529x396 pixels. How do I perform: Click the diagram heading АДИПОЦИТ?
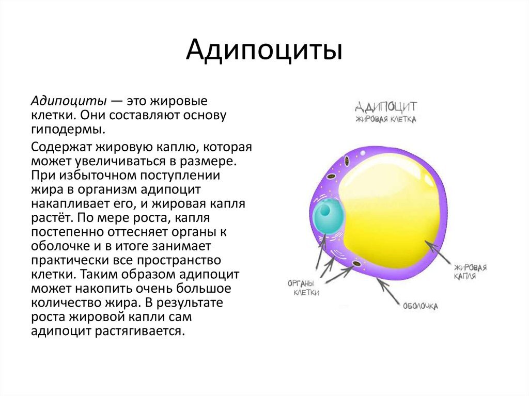point(386,107)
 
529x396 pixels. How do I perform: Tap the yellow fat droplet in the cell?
point(393,207)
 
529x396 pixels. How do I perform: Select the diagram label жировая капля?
point(470,272)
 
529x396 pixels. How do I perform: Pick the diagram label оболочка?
point(420,306)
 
